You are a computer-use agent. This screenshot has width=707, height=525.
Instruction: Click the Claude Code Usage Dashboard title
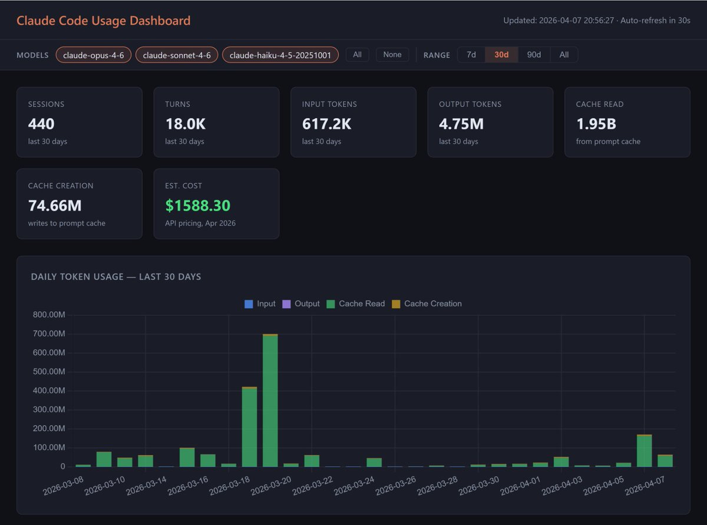[x=103, y=21]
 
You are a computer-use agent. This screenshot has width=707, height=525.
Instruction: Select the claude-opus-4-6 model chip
[x=93, y=55]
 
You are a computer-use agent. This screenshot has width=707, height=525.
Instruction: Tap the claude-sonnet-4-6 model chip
[x=177, y=55]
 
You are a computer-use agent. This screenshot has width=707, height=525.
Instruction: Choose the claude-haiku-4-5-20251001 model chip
[x=280, y=55]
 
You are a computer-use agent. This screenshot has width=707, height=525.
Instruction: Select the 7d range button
[x=471, y=55]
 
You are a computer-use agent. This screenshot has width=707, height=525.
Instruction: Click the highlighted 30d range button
[x=501, y=55]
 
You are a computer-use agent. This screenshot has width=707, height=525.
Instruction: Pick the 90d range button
[x=534, y=55]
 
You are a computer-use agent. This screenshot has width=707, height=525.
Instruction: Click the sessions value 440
[x=41, y=124]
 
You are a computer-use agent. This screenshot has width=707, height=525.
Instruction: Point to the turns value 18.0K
[x=185, y=124]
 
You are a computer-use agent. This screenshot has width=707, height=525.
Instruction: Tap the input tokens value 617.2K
[x=327, y=124]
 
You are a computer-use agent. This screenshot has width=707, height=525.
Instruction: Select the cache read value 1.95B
[x=596, y=124]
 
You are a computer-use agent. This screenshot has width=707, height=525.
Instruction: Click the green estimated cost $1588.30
[x=197, y=206]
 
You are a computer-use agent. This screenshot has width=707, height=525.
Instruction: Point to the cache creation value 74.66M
[x=55, y=206]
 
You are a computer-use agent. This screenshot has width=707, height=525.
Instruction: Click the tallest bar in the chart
[x=270, y=401]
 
